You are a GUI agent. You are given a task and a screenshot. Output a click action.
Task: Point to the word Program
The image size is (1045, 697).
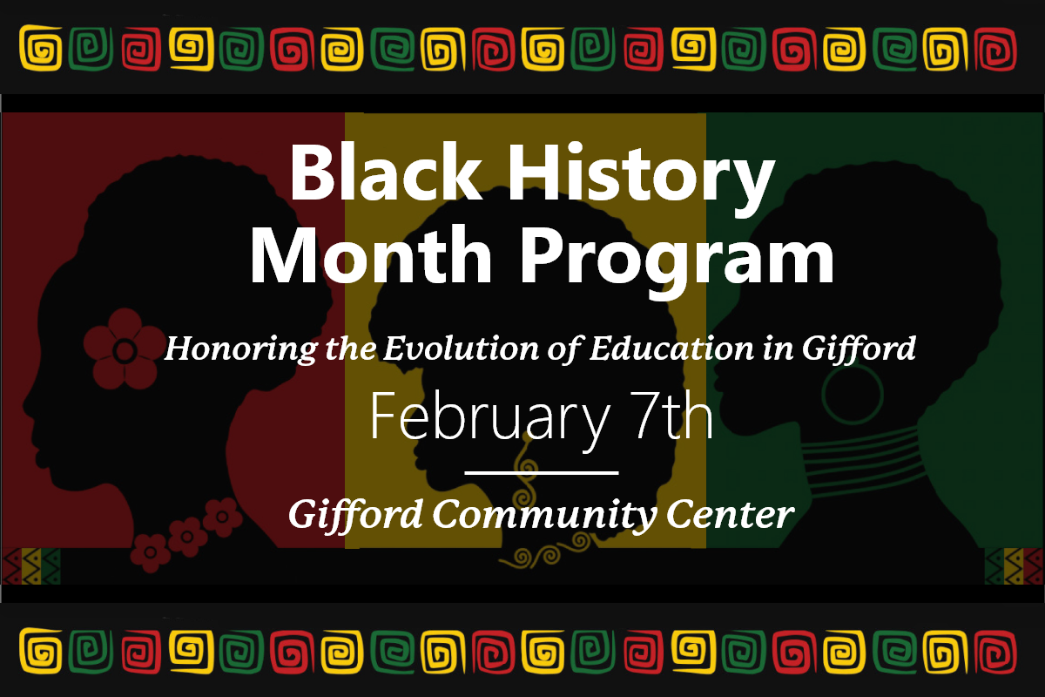677,262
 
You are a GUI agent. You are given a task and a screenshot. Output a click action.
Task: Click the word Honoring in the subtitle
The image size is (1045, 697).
240,349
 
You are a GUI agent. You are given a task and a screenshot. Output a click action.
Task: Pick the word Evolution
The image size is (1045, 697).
461,348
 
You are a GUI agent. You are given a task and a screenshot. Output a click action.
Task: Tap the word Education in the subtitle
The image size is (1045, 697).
671,348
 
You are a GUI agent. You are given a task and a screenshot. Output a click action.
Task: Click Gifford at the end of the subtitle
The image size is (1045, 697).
859,349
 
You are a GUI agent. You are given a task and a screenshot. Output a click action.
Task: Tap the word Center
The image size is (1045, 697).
730,514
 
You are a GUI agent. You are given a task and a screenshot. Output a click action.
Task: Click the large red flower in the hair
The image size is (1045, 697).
124,349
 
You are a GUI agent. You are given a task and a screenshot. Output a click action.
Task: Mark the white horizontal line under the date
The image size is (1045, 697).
542,473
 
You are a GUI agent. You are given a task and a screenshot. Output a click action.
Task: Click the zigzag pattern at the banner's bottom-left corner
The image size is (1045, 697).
31,565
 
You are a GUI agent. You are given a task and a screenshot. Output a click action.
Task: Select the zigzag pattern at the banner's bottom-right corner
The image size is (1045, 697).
1014,565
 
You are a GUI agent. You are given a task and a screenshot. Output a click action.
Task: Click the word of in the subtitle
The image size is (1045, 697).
565,349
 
